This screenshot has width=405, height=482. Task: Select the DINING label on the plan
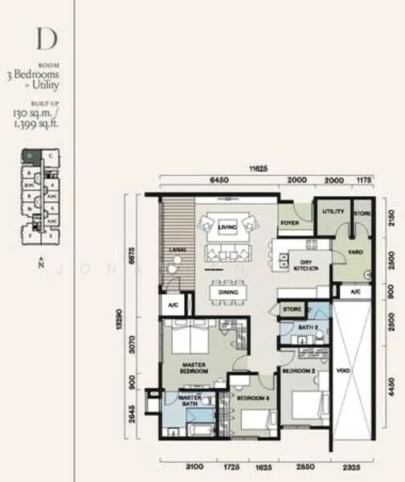coord(228,293)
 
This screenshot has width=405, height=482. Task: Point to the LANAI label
coord(178,250)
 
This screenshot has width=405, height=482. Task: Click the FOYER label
coord(290,223)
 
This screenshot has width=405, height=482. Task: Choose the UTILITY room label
coord(333,212)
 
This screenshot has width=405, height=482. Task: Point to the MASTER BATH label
coord(190,398)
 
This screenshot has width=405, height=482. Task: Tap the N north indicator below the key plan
coord(39,265)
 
